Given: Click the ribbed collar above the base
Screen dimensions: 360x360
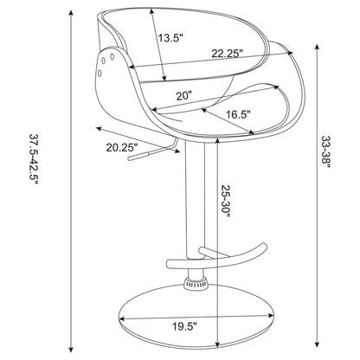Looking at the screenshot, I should (196, 282).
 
